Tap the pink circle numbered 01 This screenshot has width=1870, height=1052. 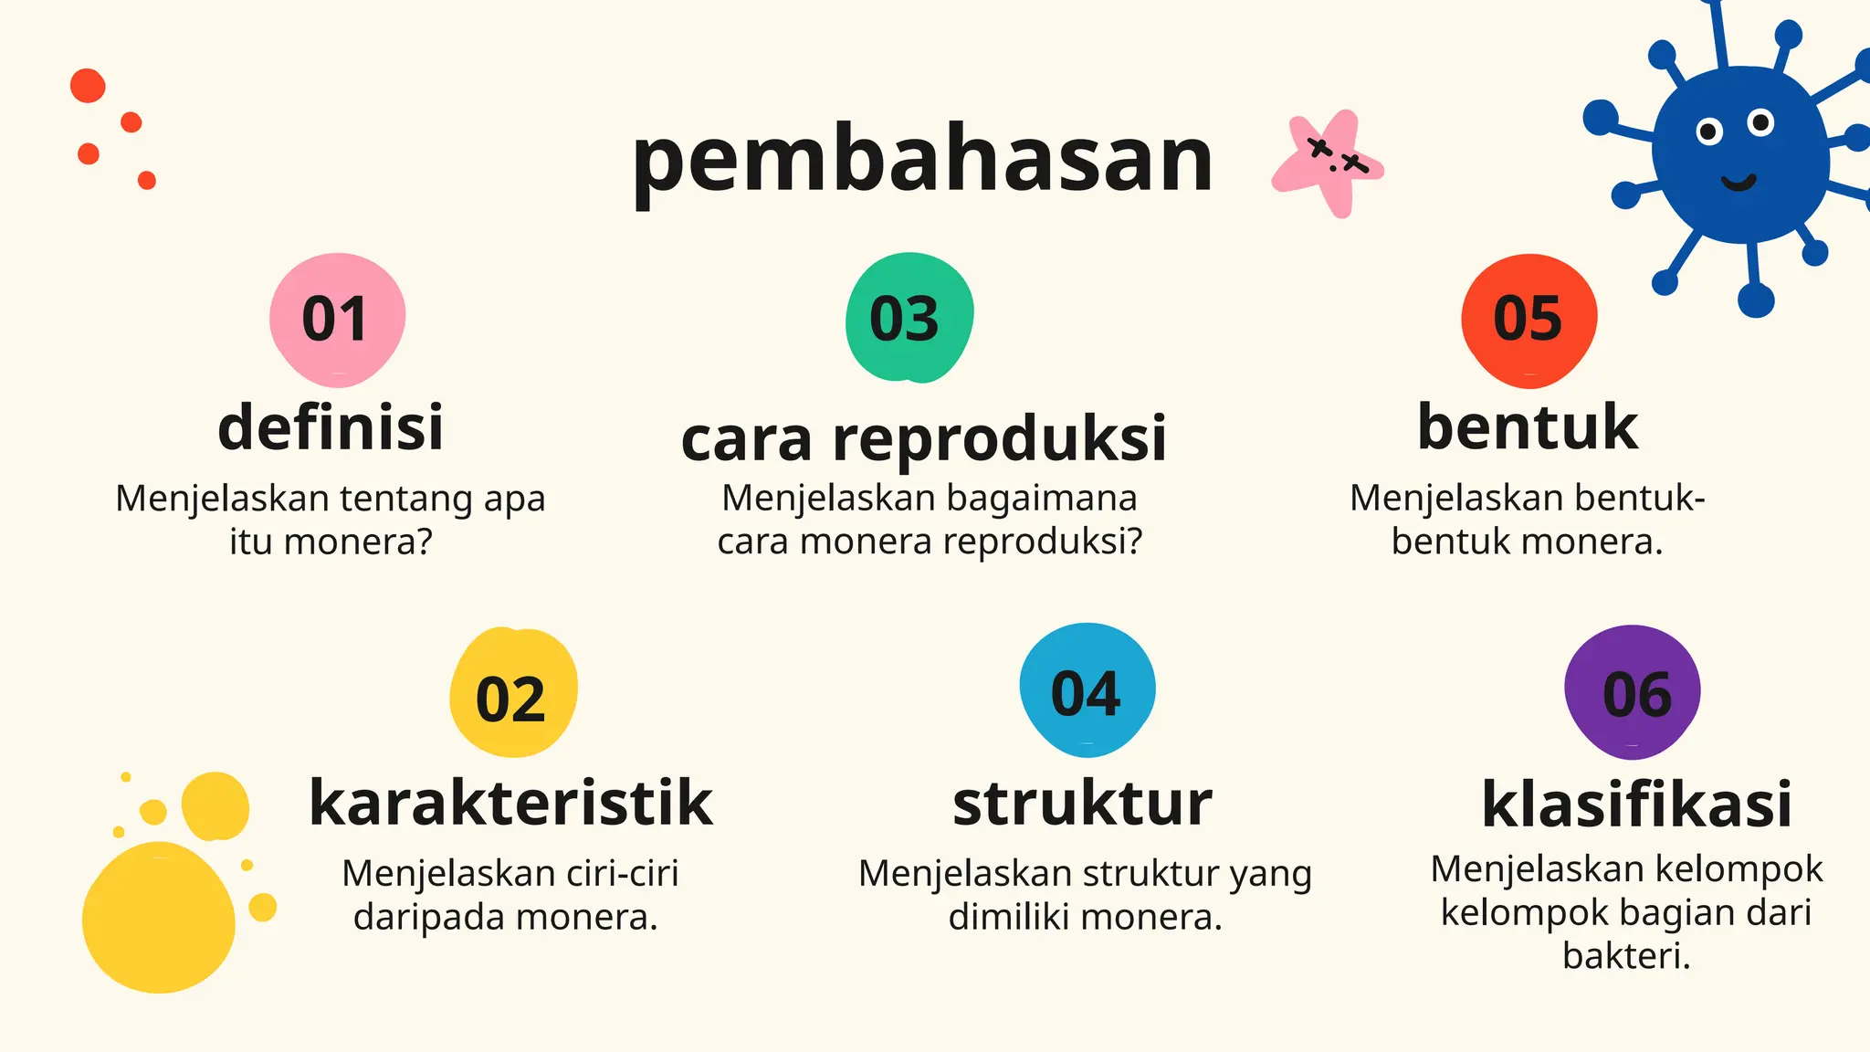tap(337, 319)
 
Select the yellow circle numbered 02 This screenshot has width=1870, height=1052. tap(512, 694)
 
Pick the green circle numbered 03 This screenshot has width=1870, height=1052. tap(908, 318)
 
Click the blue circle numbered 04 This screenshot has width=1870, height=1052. tap(1087, 690)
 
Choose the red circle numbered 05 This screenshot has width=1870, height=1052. tap(1529, 319)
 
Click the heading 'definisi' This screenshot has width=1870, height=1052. tap(331, 427)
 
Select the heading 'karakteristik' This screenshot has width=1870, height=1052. tap(510, 804)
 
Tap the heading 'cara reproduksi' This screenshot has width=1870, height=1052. tap(923, 438)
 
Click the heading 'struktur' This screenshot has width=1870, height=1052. tap(1082, 804)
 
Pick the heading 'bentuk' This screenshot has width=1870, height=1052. tap(1528, 427)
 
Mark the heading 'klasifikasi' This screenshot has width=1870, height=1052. tap(1636, 805)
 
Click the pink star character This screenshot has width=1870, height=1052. tap(1329, 164)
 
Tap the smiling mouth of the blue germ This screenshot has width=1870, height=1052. tap(1738, 183)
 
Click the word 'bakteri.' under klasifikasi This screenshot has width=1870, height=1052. tap(1626, 956)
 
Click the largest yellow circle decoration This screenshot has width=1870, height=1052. tap(159, 917)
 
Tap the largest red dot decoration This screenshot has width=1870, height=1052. tap(88, 86)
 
